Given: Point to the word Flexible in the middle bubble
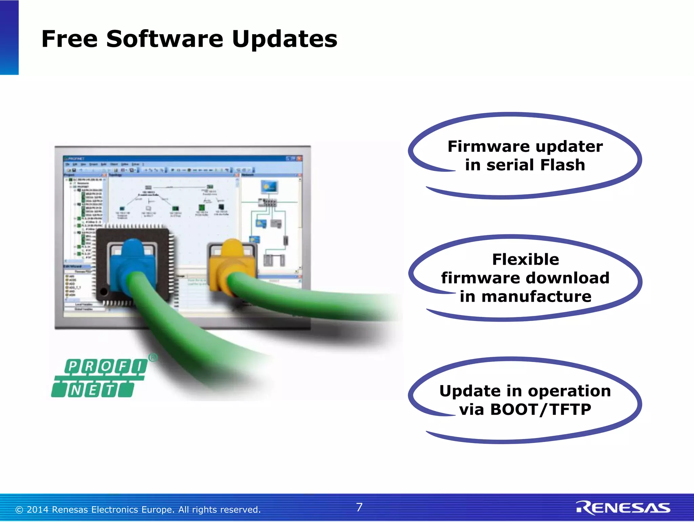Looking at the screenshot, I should pos(526,260).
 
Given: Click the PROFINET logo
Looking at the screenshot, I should pos(100,378).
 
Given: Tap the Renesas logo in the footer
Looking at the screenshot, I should pos(623,508).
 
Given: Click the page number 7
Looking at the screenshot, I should pos(359,507).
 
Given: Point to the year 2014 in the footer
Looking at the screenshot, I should pos(38,510).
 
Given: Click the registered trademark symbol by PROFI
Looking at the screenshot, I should pos(153,357).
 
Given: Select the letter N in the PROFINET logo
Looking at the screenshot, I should pos(76,390).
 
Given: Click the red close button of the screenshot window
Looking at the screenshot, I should pos(299,158).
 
